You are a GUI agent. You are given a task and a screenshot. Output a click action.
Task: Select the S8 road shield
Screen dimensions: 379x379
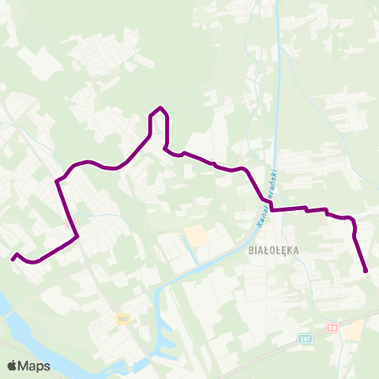point(332,326)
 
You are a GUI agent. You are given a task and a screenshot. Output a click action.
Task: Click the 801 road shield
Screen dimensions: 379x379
point(122,319)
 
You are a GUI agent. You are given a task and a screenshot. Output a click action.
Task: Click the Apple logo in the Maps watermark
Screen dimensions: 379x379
point(12,366)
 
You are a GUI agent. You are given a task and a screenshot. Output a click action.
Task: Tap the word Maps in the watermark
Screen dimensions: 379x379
point(34,366)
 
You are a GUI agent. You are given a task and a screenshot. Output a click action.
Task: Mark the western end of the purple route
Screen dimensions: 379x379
point(12,258)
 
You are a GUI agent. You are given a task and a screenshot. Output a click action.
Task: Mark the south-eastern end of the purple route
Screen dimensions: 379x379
point(366,272)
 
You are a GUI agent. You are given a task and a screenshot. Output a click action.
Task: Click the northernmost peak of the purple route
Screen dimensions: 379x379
point(160,107)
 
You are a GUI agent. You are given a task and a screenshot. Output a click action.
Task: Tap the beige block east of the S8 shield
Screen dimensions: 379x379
point(353,330)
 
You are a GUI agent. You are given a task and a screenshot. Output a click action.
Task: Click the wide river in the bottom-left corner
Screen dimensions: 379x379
point(24,316)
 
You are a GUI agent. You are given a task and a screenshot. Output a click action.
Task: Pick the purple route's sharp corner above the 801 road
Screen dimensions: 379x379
point(77,236)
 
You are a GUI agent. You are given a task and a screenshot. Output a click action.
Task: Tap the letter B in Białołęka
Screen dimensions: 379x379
point(251,250)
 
